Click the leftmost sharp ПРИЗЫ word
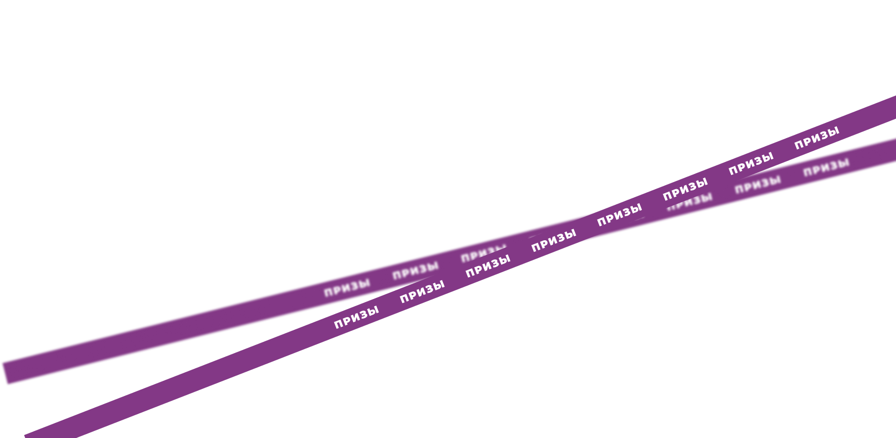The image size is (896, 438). [356, 318]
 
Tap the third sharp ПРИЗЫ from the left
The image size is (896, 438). [488, 266]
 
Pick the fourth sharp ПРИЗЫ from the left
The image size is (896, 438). [554, 240]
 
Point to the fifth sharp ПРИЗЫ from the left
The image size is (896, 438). [620, 214]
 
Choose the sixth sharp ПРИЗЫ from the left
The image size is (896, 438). [685, 189]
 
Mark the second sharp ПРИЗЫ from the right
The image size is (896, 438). [751, 163]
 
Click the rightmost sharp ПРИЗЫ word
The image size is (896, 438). [817, 138]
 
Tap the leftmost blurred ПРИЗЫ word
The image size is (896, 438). [347, 288]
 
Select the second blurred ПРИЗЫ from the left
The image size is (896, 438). [416, 271]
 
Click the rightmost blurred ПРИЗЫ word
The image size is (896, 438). [826, 167]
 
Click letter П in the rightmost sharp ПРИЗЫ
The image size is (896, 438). [800, 144]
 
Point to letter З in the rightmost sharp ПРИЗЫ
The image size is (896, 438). [822, 136]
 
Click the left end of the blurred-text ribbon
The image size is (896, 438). [4, 373]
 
